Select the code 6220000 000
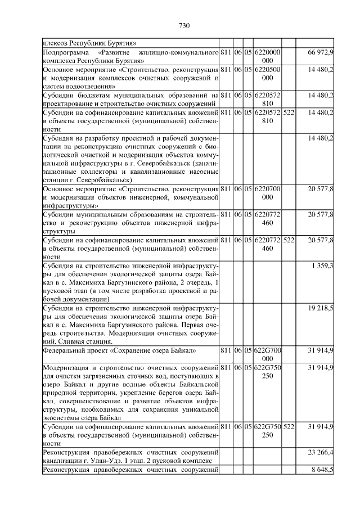(x=268, y=56)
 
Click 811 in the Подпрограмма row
(x=225, y=52)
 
